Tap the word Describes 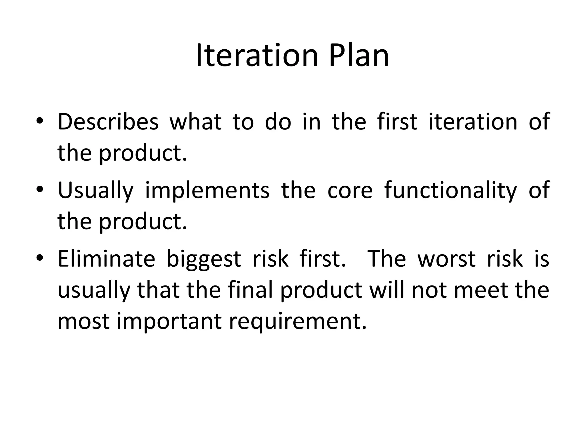tap(108, 122)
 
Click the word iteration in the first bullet tap(473, 122)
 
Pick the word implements tap(207, 190)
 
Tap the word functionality tap(450, 190)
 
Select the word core tap(350, 190)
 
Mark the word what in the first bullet tap(195, 122)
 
